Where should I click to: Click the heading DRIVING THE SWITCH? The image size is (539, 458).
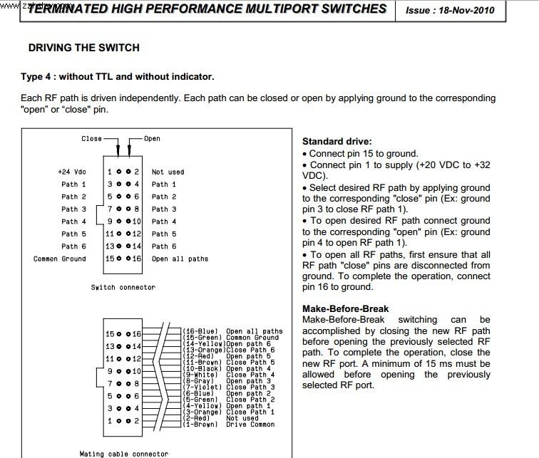tap(83, 48)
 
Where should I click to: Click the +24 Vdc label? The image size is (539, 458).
tap(71, 172)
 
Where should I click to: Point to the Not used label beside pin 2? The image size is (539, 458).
tap(168, 172)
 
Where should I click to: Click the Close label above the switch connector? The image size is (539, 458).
tap(91, 138)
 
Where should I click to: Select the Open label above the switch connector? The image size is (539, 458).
tap(153, 138)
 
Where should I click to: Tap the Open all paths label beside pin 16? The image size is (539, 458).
tap(180, 259)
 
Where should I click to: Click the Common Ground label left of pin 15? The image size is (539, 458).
tap(59, 259)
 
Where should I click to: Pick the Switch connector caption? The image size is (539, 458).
tap(123, 287)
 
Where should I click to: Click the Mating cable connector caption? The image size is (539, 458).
tap(124, 453)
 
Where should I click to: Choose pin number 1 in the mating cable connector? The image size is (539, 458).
tap(110, 421)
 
